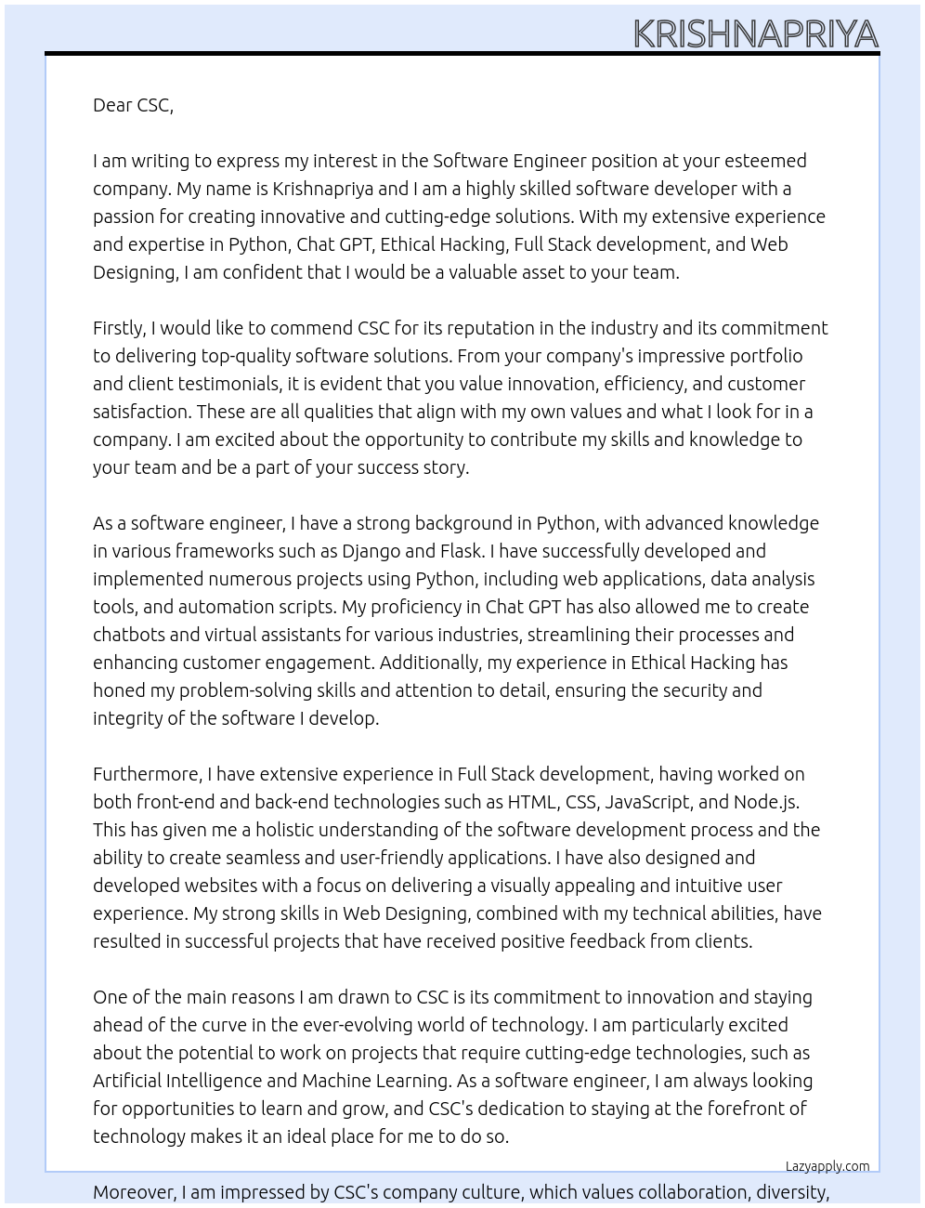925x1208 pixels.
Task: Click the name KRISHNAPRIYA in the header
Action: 755,34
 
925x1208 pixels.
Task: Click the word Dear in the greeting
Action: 112,105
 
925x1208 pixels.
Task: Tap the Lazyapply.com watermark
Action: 827,1166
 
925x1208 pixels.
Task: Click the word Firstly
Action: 119,328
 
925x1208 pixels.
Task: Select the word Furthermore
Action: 147,774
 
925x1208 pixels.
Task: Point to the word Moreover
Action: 134,1192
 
